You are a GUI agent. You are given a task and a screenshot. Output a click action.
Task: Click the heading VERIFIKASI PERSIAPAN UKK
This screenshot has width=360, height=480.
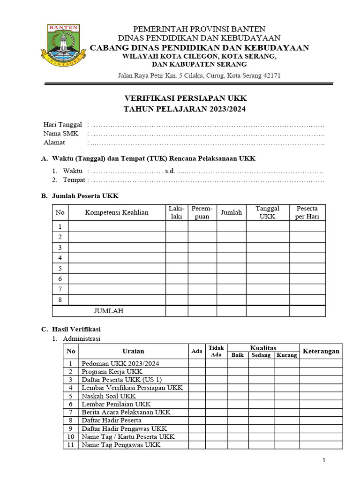185,98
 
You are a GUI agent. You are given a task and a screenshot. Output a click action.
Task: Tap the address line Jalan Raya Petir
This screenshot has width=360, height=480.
199,75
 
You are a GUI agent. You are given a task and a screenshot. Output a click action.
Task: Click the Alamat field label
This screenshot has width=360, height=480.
54,142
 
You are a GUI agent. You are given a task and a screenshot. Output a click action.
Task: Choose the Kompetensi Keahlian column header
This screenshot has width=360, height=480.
117,212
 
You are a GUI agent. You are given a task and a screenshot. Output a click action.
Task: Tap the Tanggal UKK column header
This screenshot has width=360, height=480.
267,212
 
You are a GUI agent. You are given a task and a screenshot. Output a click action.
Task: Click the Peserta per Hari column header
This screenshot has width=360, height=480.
307,212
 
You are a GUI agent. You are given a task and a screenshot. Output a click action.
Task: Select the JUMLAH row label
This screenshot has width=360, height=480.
109,311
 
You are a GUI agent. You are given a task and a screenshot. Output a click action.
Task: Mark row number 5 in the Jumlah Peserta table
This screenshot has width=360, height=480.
60,269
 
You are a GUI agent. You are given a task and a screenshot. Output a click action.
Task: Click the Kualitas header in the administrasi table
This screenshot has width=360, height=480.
263,348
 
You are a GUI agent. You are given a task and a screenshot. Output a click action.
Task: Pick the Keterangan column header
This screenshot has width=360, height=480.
321,351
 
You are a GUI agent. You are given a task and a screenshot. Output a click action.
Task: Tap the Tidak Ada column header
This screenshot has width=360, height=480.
216,351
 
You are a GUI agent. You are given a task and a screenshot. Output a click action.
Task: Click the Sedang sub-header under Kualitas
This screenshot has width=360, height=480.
261,355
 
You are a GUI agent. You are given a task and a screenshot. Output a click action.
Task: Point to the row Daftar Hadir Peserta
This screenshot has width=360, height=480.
112,420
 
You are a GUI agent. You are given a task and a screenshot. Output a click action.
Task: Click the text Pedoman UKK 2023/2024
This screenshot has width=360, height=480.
120,363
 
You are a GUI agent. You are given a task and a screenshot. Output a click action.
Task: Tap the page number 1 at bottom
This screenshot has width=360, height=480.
324,461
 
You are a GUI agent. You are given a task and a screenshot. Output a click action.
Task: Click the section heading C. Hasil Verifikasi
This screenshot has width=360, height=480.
71,329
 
